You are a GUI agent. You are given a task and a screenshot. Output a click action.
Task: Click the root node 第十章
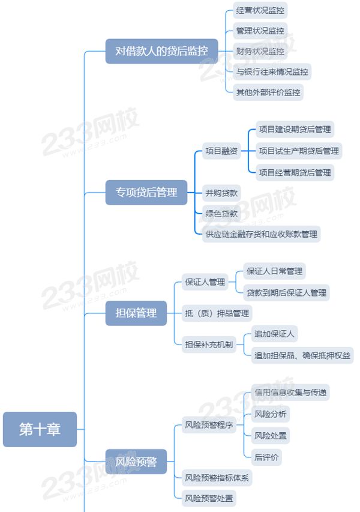pyautogui.click(x=40, y=429)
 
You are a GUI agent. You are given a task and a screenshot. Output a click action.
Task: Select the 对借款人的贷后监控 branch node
pyautogui.click(x=161, y=51)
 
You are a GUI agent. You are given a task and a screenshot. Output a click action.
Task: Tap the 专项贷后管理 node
pyautogui.click(x=146, y=193)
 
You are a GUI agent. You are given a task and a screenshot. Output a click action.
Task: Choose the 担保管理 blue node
pyautogui.click(x=136, y=313)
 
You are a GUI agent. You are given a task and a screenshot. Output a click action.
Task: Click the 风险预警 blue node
pyautogui.click(x=136, y=462)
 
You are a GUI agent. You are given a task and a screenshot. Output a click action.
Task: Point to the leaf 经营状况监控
pyautogui.click(x=260, y=10)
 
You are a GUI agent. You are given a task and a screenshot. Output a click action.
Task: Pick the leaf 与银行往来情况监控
pyautogui.click(x=272, y=72)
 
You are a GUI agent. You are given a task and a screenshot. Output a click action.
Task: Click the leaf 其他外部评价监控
pyautogui.click(x=268, y=92)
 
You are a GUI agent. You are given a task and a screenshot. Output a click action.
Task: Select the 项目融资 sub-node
pyautogui.click(x=221, y=151)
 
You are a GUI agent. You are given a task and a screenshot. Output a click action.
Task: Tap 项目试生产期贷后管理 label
pyautogui.click(x=298, y=151)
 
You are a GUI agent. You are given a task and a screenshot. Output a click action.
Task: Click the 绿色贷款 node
pyautogui.click(x=221, y=213)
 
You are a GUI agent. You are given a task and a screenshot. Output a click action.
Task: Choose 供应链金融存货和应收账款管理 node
pyautogui.click(x=261, y=233)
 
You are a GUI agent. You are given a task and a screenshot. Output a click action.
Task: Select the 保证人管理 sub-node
pyautogui.click(x=205, y=282)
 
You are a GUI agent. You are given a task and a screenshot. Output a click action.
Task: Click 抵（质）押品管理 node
pyautogui.click(x=217, y=313)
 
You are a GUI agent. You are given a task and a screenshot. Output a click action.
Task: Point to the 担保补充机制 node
pyautogui.click(x=209, y=344)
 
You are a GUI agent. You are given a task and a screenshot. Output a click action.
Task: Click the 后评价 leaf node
pyautogui.click(x=266, y=457)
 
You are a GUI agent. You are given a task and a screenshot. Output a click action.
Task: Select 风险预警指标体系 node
pyautogui.click(x=217, y=478)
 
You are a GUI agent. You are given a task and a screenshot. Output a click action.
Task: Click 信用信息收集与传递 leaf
pyautogui.click(x=291, y=392)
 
